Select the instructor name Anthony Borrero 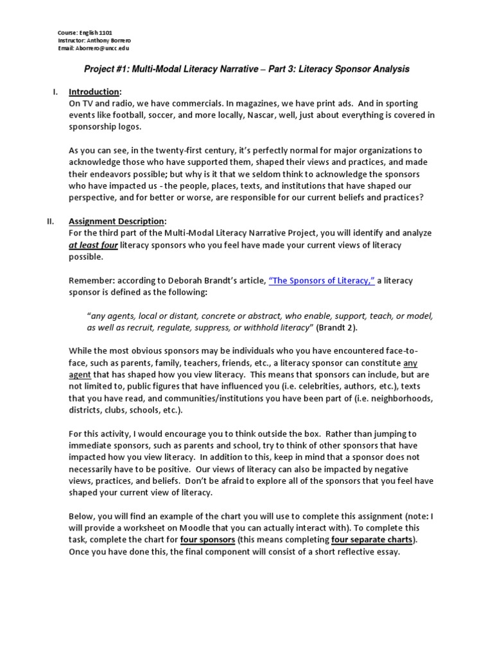click(x=98, y=40)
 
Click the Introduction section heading click(x=94, y=92)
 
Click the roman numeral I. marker click(x=55, y=92)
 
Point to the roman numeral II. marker click(x=52, y=221)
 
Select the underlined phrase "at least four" click(x=92, y=245)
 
